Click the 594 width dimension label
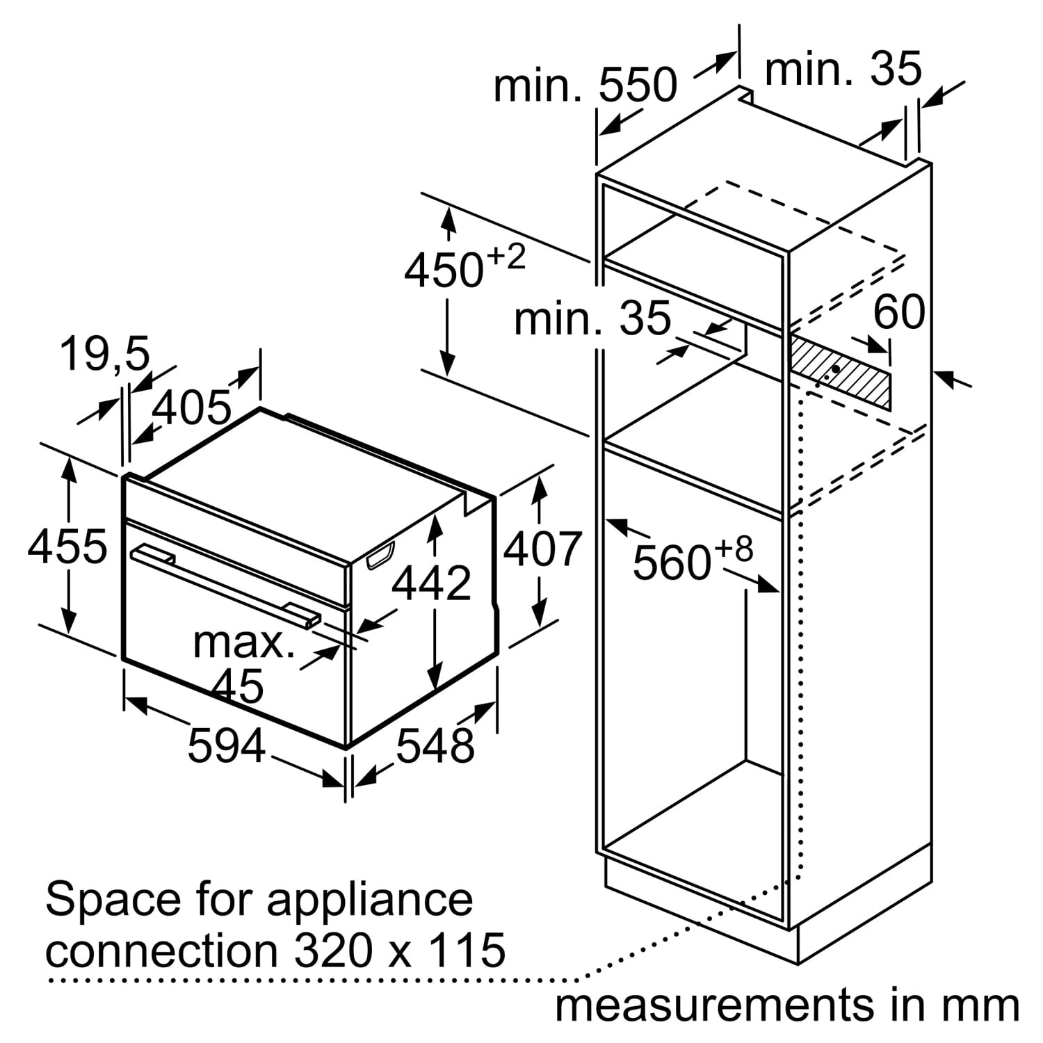point(227,746)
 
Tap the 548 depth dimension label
point(435,746)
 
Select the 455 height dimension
point(67,546)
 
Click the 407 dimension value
point(542,549)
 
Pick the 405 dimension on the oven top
point(191,407)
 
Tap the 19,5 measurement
point(104,353)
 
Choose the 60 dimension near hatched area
point(899,312)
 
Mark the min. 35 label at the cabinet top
point(843,69)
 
